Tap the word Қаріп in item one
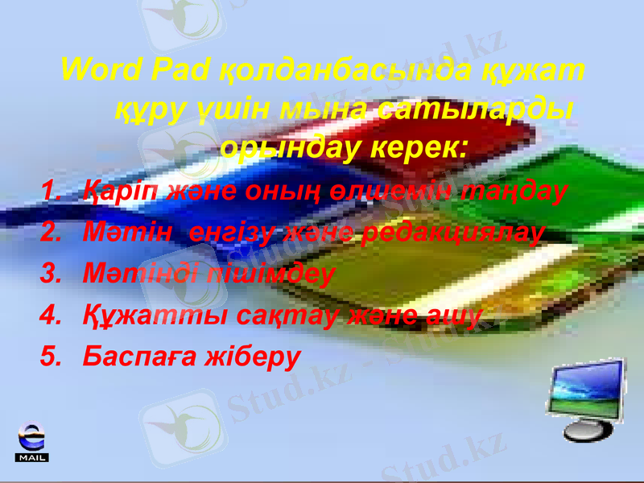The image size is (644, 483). click(118, 192)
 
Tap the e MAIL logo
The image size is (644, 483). click(32, 442)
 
